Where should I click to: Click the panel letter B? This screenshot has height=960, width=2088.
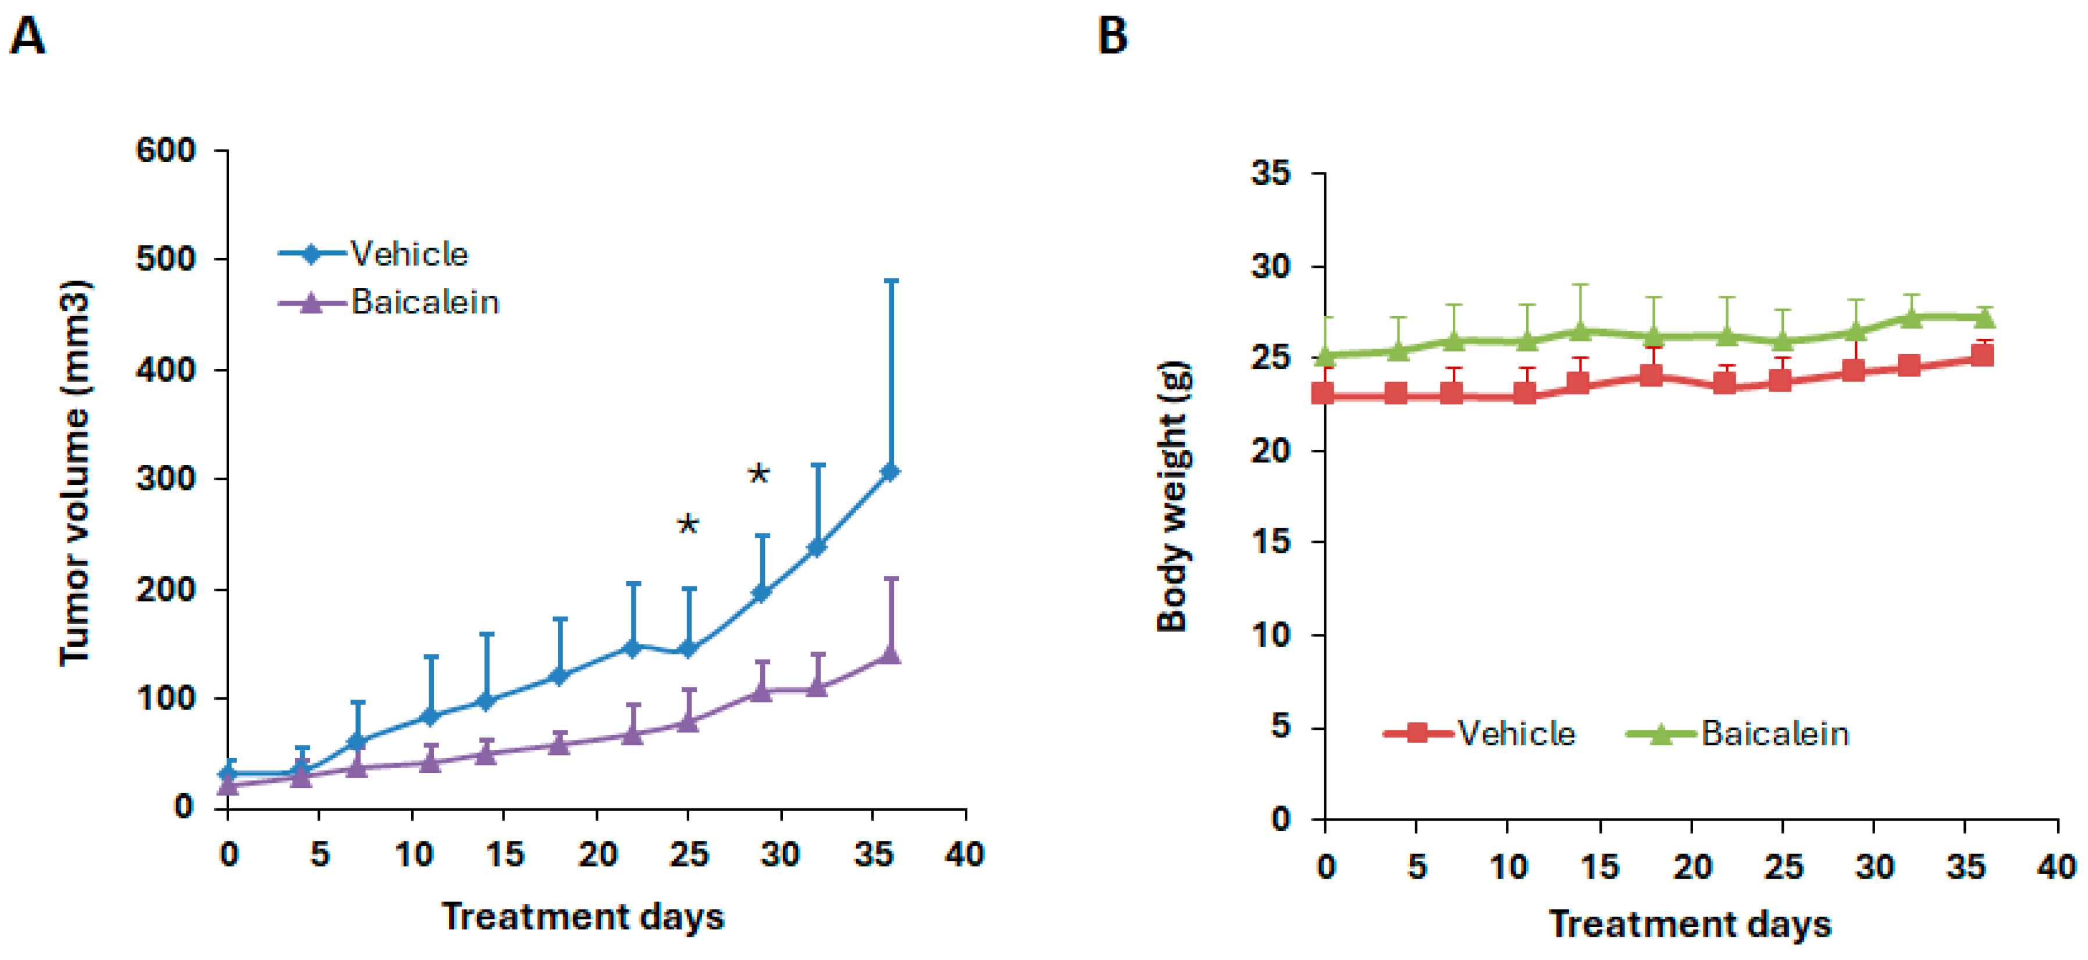pyautogui.click(x=1112, y=37)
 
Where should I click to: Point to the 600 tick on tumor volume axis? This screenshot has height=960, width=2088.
pyautogui.click(x=165, y=151)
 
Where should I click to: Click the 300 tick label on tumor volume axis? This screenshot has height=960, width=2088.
pyautogui.click(x=165, y=479)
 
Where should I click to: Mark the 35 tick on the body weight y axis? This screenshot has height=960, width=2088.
pyautogui.click(x=1270, y=173)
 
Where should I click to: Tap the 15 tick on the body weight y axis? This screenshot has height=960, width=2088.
pyautogui.click(x=1270, y=542)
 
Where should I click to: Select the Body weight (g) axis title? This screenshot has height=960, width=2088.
pyautogui.click(x=1173, y=496)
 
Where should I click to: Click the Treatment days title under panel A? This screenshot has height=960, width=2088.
pyautogui.click(x=582, y=916)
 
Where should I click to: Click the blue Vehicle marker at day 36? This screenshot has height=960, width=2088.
pyautogui.click(x=890, y=472)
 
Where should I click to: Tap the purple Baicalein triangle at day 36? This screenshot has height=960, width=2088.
pyautogui.click(x=890, y=654)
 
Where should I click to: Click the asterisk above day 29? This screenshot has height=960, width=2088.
pyautogui.click(x=758, y=475)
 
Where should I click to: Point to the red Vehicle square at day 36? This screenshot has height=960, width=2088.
pyautogui.click(x=1982, y=355)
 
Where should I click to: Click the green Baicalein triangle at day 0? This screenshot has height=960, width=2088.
pyautogui.click(x=1326, y=355)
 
